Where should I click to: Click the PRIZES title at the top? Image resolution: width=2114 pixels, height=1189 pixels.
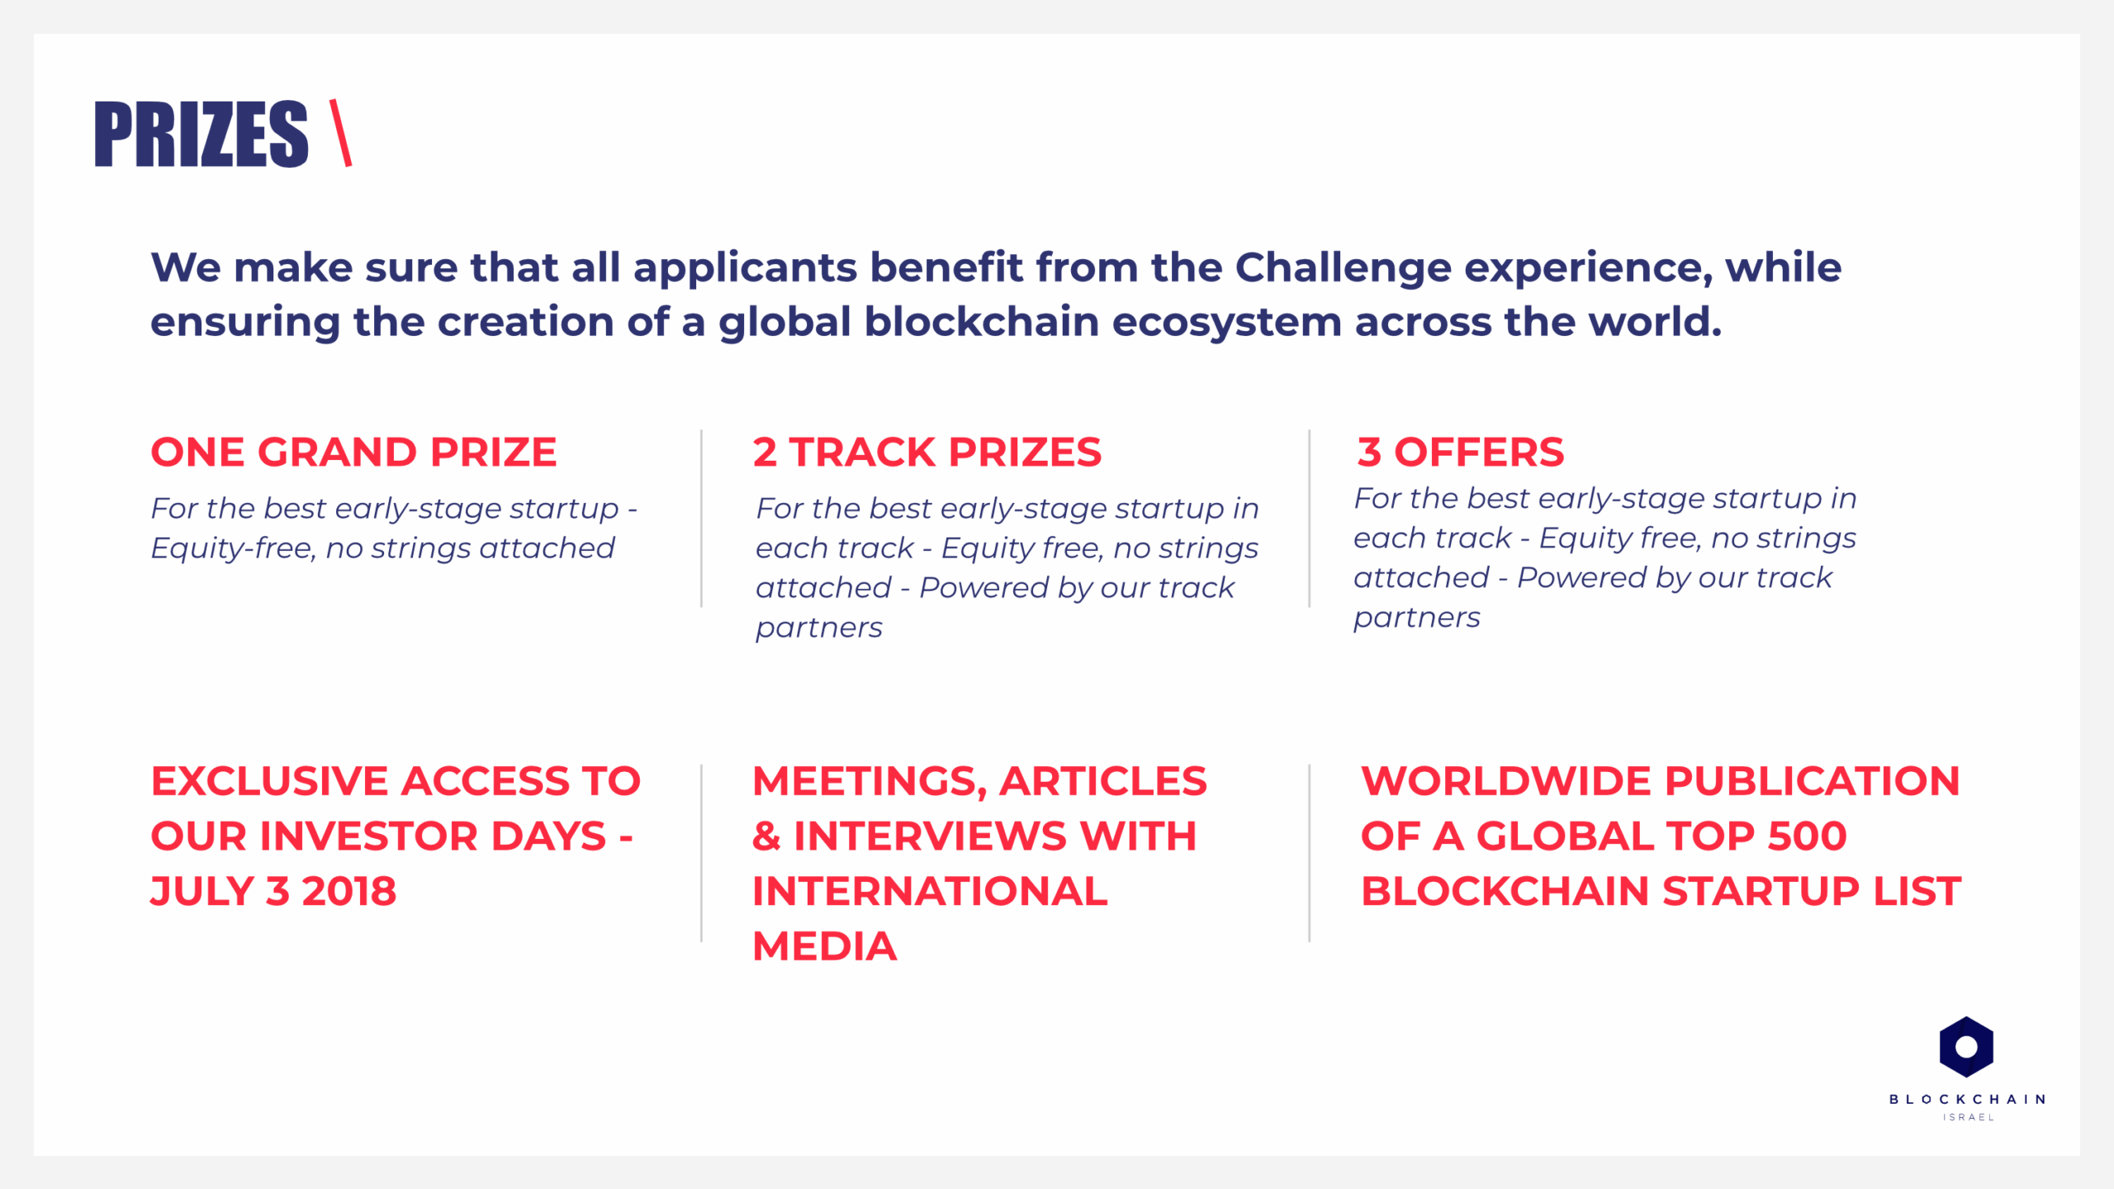point(201,135)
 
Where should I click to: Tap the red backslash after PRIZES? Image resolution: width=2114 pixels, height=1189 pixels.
point(340,133)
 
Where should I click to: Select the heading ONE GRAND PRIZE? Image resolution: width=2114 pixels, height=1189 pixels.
point(353,452)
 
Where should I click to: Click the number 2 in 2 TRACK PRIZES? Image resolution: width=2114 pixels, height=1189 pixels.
point(765,452)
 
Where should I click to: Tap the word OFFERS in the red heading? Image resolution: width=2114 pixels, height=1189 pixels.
point(1479,452)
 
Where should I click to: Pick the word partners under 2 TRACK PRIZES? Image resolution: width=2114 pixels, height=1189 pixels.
point(819,628)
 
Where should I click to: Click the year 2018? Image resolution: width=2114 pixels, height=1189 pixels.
point(348,892)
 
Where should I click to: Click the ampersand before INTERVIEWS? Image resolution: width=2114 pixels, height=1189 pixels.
point(766,836)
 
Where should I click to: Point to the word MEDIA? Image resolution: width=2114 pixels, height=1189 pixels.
point(824,946)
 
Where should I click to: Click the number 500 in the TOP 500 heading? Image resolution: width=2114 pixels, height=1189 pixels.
point(1807,836)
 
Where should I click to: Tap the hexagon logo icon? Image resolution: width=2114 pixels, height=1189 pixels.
point(1966,1047)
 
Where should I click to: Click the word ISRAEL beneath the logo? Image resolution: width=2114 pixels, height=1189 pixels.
point(1968,1117)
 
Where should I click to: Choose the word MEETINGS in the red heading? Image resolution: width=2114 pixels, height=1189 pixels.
point(869,783)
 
